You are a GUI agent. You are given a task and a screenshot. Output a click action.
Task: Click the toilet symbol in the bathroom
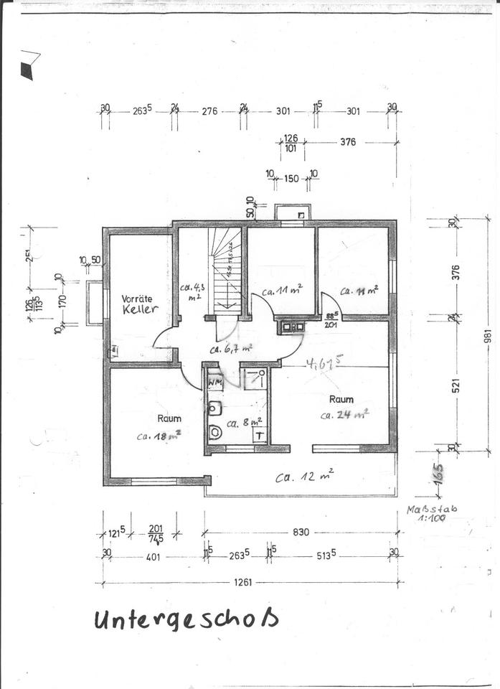[216, 432]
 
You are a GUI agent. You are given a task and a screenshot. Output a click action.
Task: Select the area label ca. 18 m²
[159, 435]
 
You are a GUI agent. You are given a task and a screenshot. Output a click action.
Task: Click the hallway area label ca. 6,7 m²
[231, 350]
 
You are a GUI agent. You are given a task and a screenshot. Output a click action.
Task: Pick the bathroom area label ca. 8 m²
[244, 423]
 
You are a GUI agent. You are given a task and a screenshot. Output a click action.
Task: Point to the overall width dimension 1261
[243, 582]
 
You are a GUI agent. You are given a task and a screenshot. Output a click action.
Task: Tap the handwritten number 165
[438, 474]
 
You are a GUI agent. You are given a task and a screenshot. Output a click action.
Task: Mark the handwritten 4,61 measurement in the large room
[322, 363]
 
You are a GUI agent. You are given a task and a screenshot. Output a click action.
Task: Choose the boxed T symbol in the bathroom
[260, 434]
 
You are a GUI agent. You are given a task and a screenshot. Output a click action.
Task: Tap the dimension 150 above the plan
[291, 179]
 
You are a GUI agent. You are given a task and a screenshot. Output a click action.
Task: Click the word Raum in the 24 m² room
[341, 398]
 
